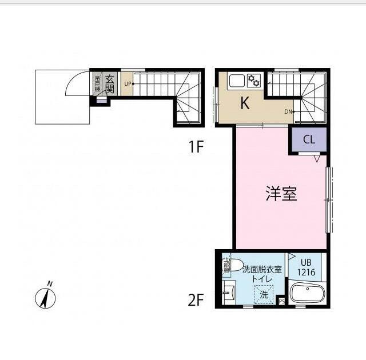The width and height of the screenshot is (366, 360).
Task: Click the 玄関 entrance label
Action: [111, 84]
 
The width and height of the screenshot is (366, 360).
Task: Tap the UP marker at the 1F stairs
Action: [128, 84]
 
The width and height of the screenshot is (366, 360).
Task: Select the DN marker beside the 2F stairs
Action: [288, 111]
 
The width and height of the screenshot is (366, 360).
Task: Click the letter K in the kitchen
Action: [245, 103]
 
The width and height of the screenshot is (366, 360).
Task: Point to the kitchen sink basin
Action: [237, 81]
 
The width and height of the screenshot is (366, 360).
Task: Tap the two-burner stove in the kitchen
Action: [254, 81]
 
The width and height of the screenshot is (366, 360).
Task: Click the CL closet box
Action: [308, 139]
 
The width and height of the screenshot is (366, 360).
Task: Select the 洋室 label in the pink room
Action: [281, 194]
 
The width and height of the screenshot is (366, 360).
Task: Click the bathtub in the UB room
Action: [307, 294]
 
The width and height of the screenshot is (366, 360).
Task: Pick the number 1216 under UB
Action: [305, 273]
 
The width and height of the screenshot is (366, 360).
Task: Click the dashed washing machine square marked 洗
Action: [264, 295]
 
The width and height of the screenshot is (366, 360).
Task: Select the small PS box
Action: [281, 300]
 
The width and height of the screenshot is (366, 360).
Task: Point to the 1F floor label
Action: [196, 147]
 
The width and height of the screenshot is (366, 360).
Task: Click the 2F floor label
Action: [196, 299]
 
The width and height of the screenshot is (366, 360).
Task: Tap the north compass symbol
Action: [45, 297]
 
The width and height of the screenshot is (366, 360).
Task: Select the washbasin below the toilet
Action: [228, 293]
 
